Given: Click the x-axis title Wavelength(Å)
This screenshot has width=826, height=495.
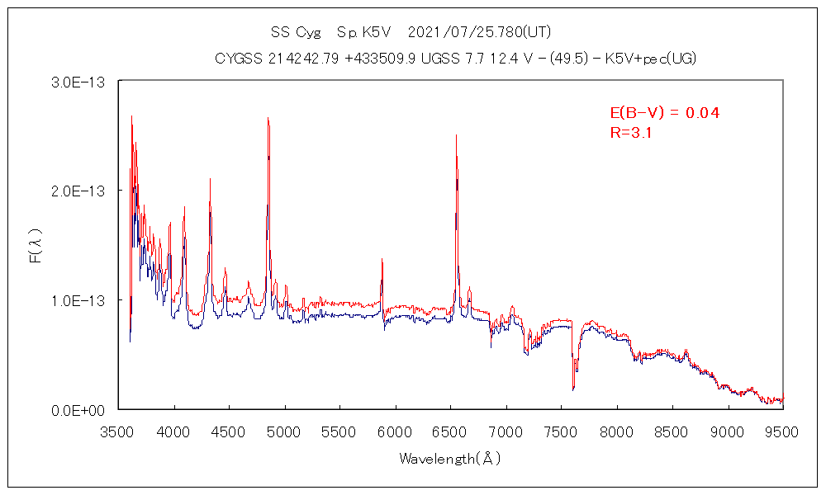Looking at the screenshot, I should pyautogui.click(x=450, y=457).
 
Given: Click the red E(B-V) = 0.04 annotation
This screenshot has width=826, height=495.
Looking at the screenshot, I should pyautogui.click(x=664, y=113).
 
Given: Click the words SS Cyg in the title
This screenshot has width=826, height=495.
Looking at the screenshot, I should pyautogui.click(x=293, y=33).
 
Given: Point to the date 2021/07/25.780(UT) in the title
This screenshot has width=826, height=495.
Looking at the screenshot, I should pyautogui.click(x=479, y=33).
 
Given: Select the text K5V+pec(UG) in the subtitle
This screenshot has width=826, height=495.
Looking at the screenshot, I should pyautogui.click(x=650, y=58).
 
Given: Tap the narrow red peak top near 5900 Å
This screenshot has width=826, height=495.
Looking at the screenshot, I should pyautogui.click(x=382, y=259).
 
